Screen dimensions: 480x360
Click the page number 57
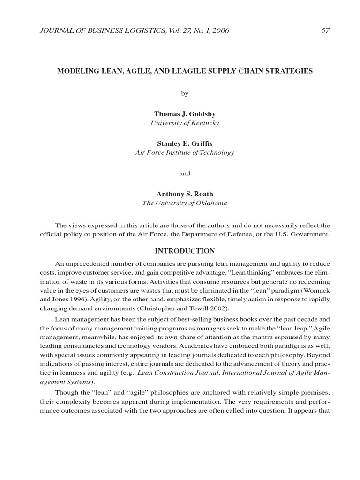pos(326,31)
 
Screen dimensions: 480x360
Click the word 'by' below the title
pos(185,93)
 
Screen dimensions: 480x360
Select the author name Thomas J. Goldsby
pos(185,114)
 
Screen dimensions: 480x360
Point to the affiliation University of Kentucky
pos(185,123)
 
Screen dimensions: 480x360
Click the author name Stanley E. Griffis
pos(185,143)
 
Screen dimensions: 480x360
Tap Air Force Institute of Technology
pos(185,153)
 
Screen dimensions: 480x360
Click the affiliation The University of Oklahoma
pos(185,203)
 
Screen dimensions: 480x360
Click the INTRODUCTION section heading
pos(185,251)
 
